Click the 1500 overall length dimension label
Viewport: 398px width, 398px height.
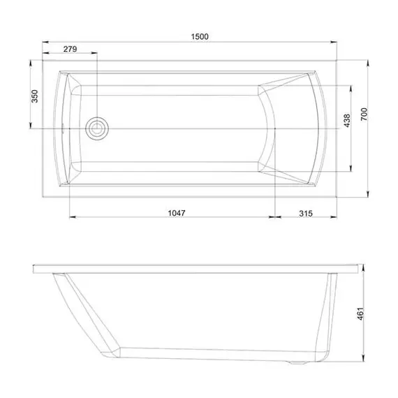pos(200,36)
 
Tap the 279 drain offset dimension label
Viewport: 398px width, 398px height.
pos(70,49)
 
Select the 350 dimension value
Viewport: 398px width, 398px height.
pos(34,96)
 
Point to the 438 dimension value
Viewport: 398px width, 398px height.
pos(347,121)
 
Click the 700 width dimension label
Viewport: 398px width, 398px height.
pos(364,115)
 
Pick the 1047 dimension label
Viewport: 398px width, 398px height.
pos(177,213)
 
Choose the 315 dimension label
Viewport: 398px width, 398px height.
pos(305,214)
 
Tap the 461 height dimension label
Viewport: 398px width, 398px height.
pos(361,314)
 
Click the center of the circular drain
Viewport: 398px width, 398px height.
pos(97,128)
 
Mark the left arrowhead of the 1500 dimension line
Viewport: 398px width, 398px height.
pos(45,42)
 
